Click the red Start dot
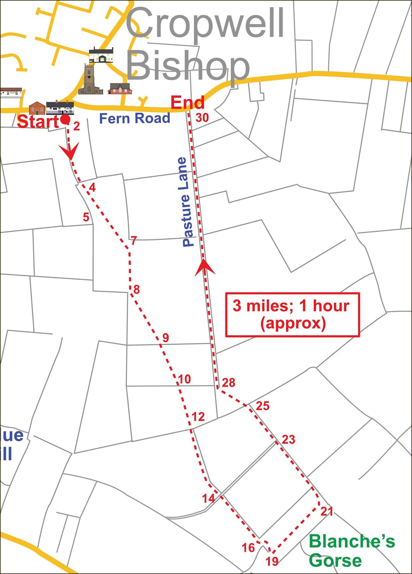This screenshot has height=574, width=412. (x=65, y=119)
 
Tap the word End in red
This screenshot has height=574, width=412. (x=187, y=103)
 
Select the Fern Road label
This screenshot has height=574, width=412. (x=135, y=118)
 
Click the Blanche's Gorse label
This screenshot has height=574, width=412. (x=351, y=550)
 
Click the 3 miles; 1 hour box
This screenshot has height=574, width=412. (x=293, y=315)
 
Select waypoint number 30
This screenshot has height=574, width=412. (x=202, y=118)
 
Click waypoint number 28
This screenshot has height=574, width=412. (x=229, y=383)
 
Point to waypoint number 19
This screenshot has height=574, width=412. (x=272, y=561)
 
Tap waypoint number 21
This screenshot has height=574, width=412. (x=327, y=512)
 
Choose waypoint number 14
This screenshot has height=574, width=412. (x=208, y=498)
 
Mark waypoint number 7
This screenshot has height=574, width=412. (x=134, y=241)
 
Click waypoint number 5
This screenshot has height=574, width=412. (x=86, y=217)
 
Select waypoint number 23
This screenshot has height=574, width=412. (x=288, y=440)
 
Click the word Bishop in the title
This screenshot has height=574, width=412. (x=188, y=67)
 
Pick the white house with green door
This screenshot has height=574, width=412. (x=101, y=56)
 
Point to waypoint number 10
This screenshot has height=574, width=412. (x=185, y=379)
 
